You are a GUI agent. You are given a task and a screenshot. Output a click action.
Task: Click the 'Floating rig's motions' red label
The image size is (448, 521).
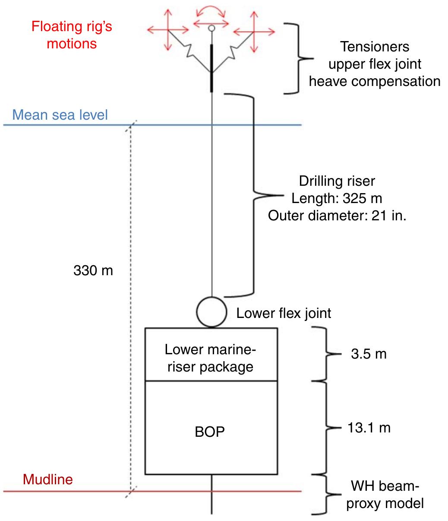72,35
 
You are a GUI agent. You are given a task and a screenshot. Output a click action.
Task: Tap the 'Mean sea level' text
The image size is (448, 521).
60,115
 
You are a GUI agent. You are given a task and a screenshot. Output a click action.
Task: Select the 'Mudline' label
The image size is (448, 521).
48,479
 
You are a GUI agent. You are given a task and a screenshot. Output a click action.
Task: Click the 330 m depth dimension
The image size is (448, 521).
93,271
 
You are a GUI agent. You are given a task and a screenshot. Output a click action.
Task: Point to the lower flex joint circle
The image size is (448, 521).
211,311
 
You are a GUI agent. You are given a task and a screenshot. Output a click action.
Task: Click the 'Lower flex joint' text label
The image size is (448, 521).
284,313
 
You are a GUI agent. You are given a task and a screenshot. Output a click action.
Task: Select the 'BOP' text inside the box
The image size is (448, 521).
210,432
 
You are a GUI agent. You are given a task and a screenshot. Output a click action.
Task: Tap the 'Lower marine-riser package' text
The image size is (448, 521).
210,358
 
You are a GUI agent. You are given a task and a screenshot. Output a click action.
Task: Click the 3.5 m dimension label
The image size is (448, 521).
368,354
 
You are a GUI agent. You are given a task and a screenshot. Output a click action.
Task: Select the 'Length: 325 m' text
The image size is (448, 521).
337,198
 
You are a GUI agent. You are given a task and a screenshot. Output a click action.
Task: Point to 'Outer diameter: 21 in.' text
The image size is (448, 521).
337,215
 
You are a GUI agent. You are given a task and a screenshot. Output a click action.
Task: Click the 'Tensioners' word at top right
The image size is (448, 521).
375,46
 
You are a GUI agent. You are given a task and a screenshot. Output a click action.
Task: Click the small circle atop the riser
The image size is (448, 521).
211,29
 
